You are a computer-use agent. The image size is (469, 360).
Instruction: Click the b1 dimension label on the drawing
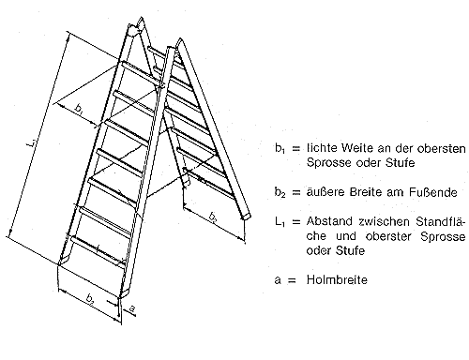(x=79, y=110)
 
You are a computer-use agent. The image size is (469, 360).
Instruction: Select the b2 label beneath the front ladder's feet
(x=90, y=301)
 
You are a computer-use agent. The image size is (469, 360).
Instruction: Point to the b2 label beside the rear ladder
(x=213, y=217)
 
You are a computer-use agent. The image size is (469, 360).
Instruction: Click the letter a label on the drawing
(x=132, y=309)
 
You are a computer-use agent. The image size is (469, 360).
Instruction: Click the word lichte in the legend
(x=322, y=148)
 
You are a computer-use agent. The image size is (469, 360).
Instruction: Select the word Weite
(x=357, y=148)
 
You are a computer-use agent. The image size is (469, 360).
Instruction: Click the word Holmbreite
(x=337, y=279)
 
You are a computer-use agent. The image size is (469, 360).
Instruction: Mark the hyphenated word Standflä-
(x=441, y=222)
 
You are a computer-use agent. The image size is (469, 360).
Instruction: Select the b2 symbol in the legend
(x=280, y=192)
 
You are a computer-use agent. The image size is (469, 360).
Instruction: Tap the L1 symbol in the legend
(x=280, y=222)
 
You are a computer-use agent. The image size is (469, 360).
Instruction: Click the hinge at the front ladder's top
(x=133, y=31)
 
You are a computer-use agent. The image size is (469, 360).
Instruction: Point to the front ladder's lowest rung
(x=98, y=249)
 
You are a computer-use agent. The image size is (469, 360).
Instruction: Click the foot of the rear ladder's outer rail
(x=247, y=217)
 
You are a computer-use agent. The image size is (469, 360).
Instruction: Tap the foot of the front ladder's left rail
(x=64, y=260)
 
